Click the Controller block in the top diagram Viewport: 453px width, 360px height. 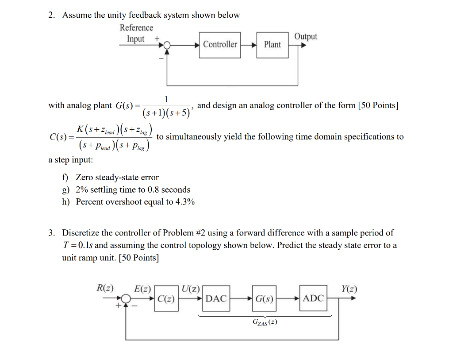tap(220, 45)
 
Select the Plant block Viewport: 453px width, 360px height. tap(272, 45)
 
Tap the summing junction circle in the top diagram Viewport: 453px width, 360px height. tap(167, 45)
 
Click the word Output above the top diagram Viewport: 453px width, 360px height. tap(306, 36)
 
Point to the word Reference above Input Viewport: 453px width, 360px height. tap(136, 27)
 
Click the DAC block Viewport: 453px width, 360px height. tap(216, 298)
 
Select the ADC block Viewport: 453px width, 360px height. tap(313, 298)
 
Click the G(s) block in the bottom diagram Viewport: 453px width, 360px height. tap(264, 298)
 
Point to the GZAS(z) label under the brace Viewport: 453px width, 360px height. tap(265, 322)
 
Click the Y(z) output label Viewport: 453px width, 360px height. tap(349, 289)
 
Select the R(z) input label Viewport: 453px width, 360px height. tap(105, 288)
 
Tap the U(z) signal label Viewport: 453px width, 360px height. tap(191, 288)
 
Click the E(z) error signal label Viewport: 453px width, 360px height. tap(142, 288)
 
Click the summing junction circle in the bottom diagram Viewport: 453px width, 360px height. tap(127, 298)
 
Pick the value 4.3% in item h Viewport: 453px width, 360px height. tap(185, 202)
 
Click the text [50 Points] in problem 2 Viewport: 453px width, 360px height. tap(378, 105)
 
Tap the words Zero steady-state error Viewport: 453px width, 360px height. tap(117, 178)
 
